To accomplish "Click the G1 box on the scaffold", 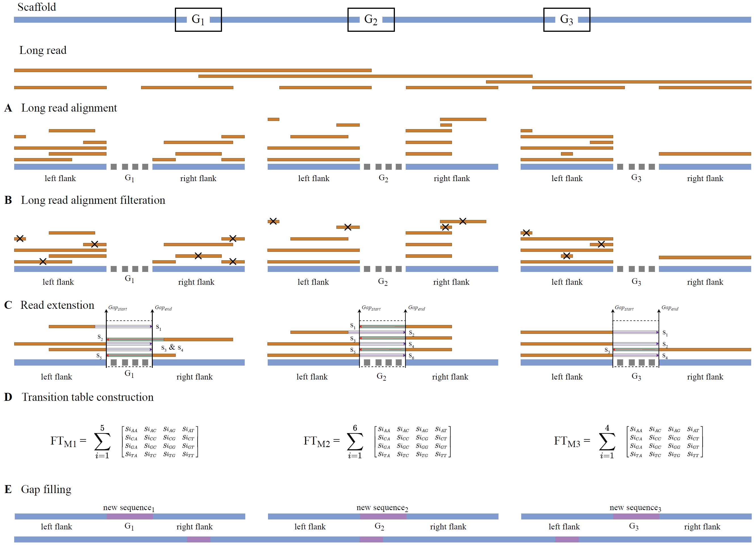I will coord(198,20).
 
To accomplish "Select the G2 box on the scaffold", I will coord(371,20).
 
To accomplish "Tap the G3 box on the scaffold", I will coord(567,20).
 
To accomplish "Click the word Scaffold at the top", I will coord(37,7).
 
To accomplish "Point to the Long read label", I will coord(43,50).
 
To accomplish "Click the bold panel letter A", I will coord(8,108).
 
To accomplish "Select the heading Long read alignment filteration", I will coord(93,200).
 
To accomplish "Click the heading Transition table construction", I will coord(87,397).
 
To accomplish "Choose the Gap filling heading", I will coord(46,489).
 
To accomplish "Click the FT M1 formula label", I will coord(68,441).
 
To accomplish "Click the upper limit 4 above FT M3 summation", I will coord(607,428).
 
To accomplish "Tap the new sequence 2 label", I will coord(382,508).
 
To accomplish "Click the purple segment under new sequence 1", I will coord(130,516).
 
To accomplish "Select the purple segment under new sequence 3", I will coord(636,516).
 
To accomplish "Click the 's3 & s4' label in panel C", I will coord(172,348).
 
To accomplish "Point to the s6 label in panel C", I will coord(411,356).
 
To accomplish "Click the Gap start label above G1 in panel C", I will coord(117,308).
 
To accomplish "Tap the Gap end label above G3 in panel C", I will coord(670,308).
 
